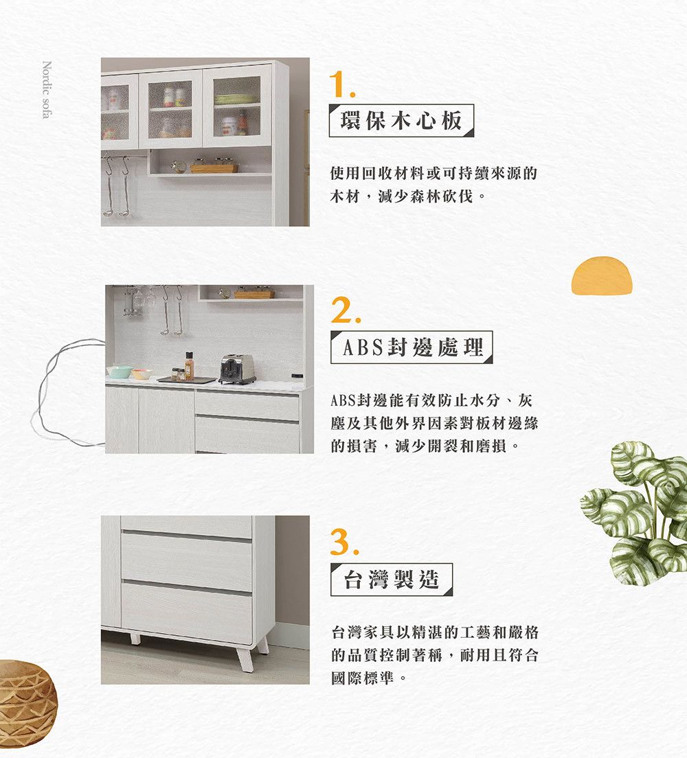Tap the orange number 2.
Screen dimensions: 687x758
tap(346, 310)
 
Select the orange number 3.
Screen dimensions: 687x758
tap(344, 542)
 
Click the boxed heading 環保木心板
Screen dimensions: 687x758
tap(401, 121)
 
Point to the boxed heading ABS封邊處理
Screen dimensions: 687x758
tap(412, 347)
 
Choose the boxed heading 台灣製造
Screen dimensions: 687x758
tap(392, 579)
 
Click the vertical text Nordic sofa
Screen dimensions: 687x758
tap(47, 89)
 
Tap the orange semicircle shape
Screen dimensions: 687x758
tap(602, 275)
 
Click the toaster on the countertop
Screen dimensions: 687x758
tap(238, 369)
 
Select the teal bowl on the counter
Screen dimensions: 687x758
tap(119, 371)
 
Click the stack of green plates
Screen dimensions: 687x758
tap(236, 99)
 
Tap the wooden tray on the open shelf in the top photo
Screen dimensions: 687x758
tap(214, 168)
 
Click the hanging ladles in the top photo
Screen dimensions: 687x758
tap(117, 186)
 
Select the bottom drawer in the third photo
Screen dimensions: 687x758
tap(187, 612)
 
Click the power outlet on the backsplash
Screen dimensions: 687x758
tap(297, 376)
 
